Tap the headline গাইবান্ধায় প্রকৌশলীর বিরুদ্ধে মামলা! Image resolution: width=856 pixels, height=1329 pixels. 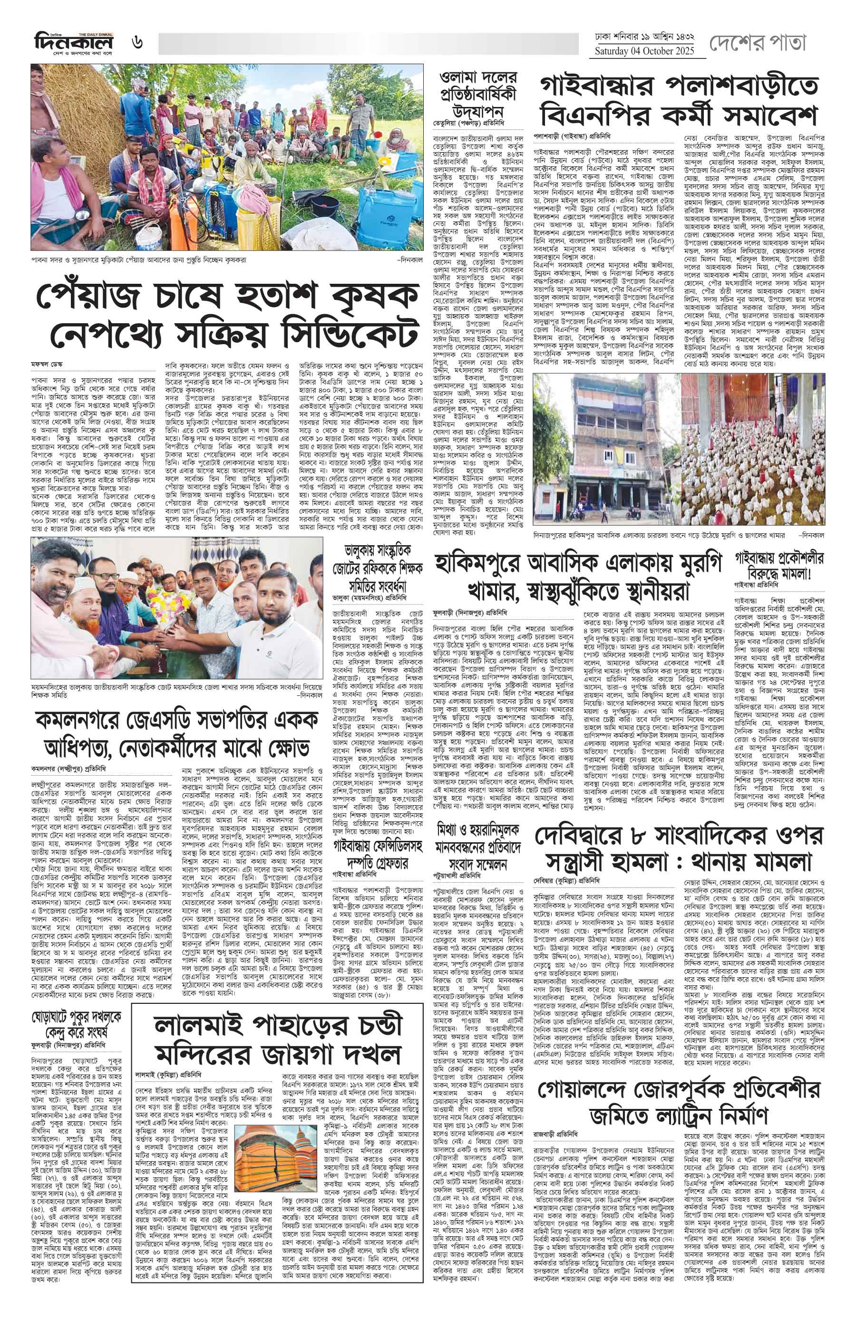coord(778,567)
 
